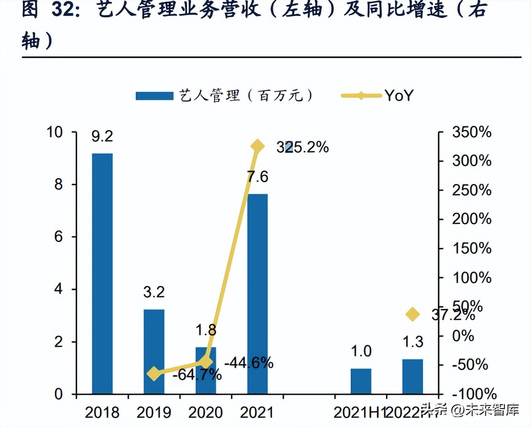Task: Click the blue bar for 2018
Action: point(102,274)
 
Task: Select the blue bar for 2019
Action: point(154,352)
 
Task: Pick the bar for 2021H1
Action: point(361,381)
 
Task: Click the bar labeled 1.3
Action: point(413,377)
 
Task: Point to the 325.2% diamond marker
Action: point(257,146)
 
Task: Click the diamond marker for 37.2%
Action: point(413,314)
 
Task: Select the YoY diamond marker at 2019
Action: point(154,373)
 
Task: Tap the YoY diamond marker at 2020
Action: point(206,361)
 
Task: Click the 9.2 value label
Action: point(102,136)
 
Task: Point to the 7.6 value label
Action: point(257,177)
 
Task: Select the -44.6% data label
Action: point(249,363)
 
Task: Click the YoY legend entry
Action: point(399,96)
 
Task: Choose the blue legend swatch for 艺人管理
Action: point(154,96)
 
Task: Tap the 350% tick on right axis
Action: point(472,132)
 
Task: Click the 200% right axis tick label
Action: point(472,219)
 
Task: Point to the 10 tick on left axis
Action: point(54,132)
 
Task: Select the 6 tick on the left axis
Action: point(58,237)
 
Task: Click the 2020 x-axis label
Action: point(206,412)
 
